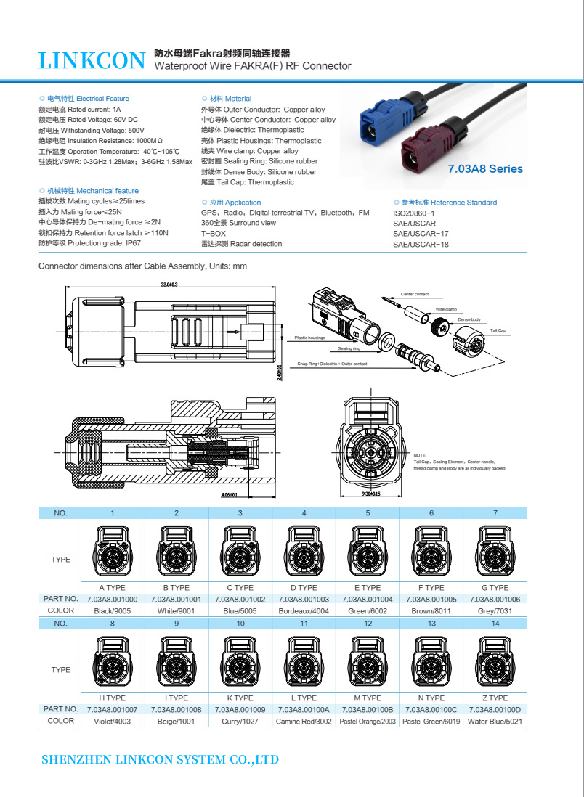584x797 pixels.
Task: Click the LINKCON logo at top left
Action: (x=92, y=61)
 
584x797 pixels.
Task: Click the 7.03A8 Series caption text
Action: (x=485, y=168)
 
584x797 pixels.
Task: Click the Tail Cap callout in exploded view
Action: (x=498, y=330)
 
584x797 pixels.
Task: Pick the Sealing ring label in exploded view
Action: (x=349, y=349)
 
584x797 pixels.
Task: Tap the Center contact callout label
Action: (x=415, y=294)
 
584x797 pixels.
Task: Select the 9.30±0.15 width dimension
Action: (x=371, y=494)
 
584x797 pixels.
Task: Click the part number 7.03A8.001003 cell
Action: (x=304, y=600)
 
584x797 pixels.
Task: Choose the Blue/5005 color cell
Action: (x=240, y=611)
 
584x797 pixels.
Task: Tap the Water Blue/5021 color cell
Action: (x=495, y=722)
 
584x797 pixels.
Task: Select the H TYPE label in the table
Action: (x=113, y=698)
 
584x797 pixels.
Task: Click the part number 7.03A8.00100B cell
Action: (x=368, y=710)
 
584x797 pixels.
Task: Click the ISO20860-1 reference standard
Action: (x=413, y=213)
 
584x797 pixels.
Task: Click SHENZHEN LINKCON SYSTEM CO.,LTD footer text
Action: (x=161, y=760)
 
